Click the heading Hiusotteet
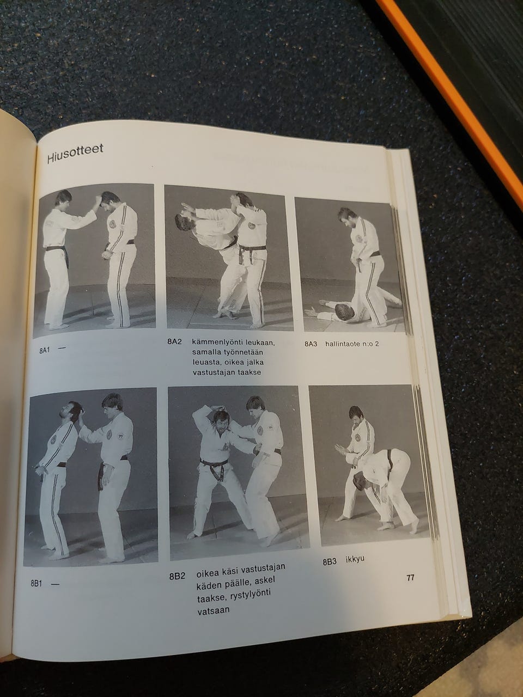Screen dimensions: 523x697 point(75,154)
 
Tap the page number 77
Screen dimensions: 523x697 point(410,577)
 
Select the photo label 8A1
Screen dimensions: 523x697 point(45,351)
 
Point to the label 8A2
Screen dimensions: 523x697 point(174,341)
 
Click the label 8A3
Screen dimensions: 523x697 point(311,344)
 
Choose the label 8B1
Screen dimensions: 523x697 point(36,583)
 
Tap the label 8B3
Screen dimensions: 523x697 point(329,562)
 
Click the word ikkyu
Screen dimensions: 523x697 point(355,559)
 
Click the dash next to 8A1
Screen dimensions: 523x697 point(62,348)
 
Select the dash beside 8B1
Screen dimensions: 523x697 point(55,584)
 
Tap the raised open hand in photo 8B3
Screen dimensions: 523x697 point(340,449)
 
